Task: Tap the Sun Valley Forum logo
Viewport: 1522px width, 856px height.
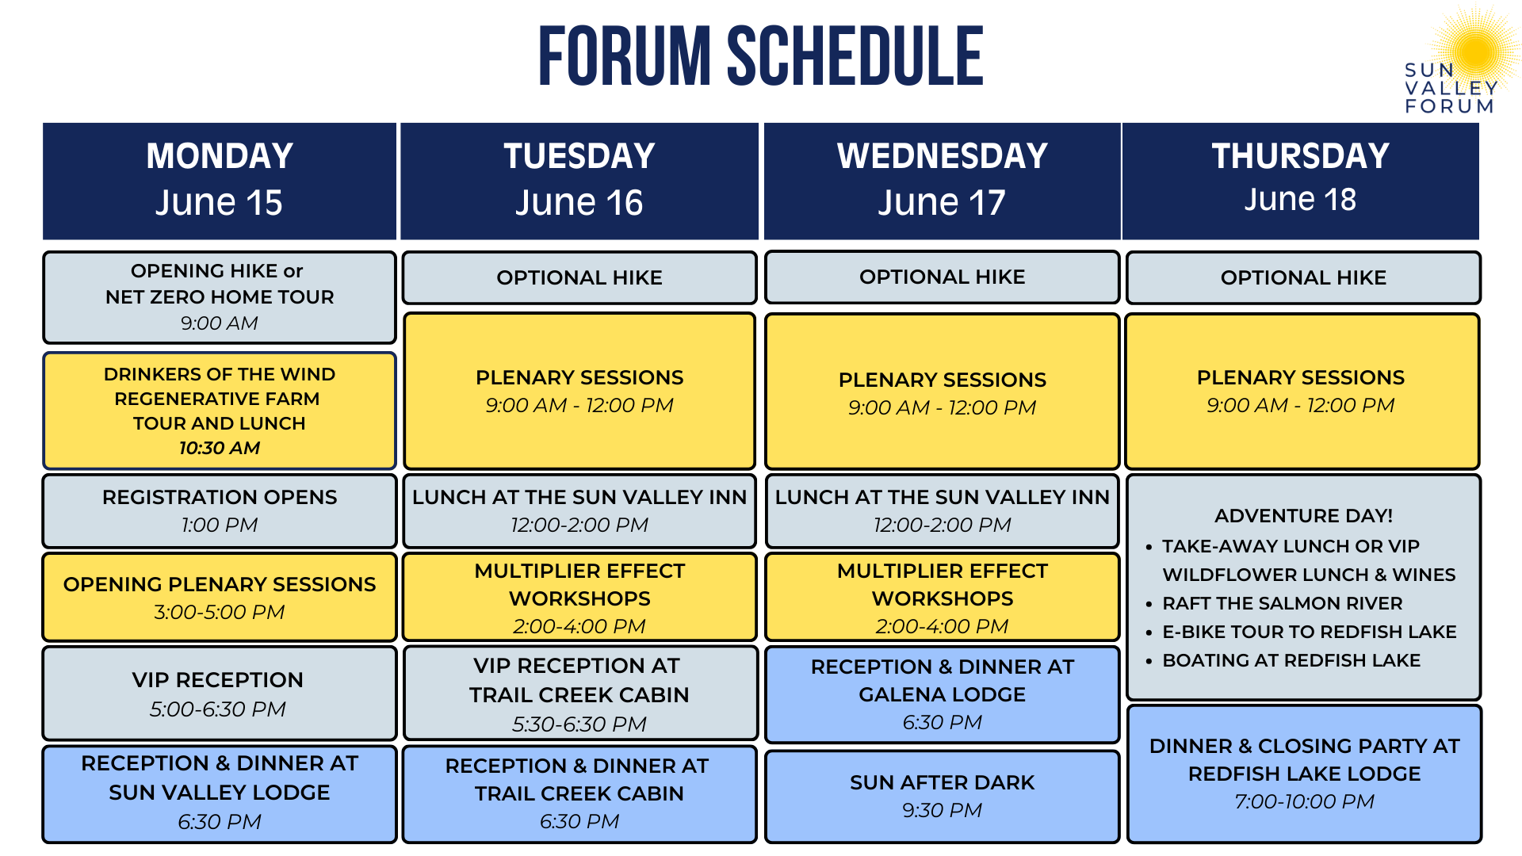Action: pyautogui.click(x=1459, y=63)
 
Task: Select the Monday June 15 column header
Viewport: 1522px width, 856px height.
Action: pyautogui.click(x=220, y=180)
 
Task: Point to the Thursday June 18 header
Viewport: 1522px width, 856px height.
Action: pyautogui.click(x=1300, y=180)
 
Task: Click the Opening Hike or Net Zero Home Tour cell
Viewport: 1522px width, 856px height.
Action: pyautogui.click(x=220, y=296)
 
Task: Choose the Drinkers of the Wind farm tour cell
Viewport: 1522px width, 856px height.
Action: pyautogui.click(x=220, y=411)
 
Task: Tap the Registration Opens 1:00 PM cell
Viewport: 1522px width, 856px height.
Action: pyautogui.click(x=220, y=510)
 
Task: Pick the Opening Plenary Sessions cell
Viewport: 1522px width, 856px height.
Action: pyautogui.click(x=220, y=597)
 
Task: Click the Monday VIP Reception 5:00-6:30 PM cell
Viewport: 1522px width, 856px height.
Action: pyautogui.click(x=220, y=694)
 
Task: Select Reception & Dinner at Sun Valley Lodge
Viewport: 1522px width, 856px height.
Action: pyautogui.click(x=220, y=793)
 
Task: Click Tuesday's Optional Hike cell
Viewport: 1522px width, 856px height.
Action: pyautogui.click(x=579, y=277)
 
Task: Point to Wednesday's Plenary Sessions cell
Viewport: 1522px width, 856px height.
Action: pyautogui.click(x=943, y=392)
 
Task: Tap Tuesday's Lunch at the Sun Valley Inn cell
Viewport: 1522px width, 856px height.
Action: pyautogui.click(x=579, y=510)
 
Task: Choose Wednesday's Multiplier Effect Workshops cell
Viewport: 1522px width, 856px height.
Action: pyautogui.click(x=943, y=597)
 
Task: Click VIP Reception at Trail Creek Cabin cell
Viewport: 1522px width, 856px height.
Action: pyautogui.click(x=579, y=694)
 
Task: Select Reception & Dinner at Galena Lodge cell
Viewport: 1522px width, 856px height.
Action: pyautogui.click(x=943, y=694)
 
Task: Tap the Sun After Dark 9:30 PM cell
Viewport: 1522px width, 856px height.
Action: pyautogui.click(x=943, y=795)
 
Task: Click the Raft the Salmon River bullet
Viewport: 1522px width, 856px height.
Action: pyautogui.click(x=1282, y=603)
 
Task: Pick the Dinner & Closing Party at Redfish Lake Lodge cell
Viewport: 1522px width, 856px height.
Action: pyautogui.click(x=1304, y=773)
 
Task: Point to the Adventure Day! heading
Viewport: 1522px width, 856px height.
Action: pyautogui.click(x=1304, y=516)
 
